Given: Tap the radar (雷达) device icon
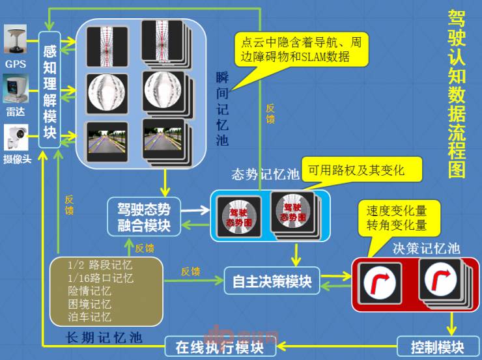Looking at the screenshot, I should [x=16, y=90].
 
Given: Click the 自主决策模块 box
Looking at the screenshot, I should [x=272, y=282].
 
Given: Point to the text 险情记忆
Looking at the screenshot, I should [x=90, y=291].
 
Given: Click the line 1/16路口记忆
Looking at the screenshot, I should [x=101, y=278].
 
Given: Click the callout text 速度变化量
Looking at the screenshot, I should [x=396, y=212].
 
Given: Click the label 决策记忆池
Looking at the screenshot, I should [x=426, y=248].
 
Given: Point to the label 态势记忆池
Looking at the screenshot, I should [x=264, y=176].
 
